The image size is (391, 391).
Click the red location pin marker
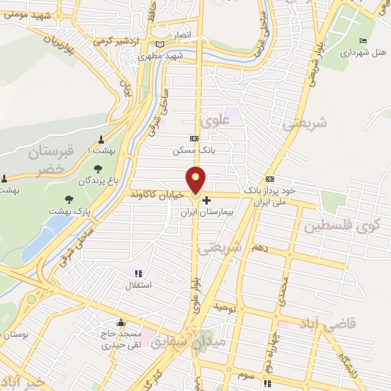[196, 179]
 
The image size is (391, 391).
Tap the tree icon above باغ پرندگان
[97, 170]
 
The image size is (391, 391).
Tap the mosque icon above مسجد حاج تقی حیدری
[121, 322]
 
